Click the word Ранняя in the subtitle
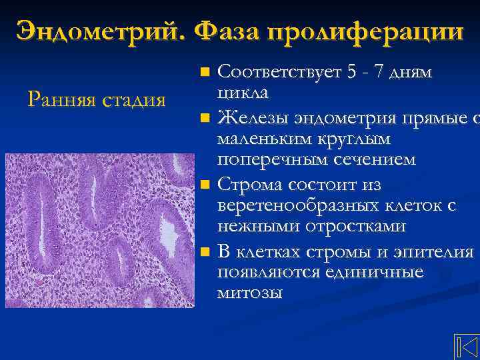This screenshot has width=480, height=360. tap(61, 100)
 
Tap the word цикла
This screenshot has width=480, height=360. tap(243, 93)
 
